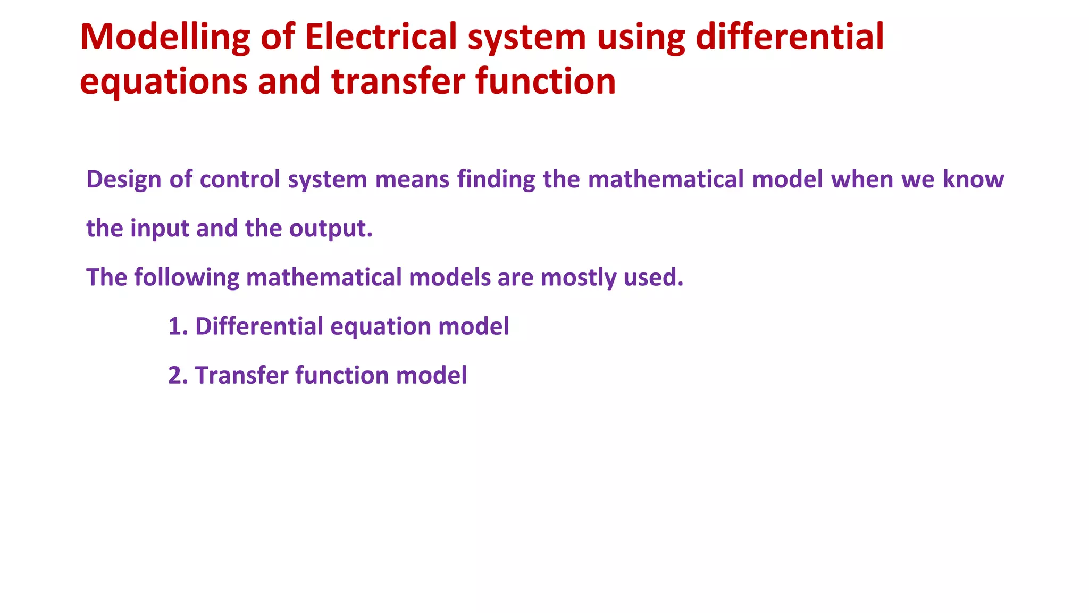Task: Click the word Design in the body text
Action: pyautogui.click(x=123, y=179)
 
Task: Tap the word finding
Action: pyautogui.click(x=496, y=179)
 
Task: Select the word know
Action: pyautogui.click(x=973, y=179)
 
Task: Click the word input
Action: pyautogui.click(x=160, y=228)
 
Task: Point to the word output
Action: pyautogui.click(x=330, y=228)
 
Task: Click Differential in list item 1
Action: pyautogui.click(x=259, y=326)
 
